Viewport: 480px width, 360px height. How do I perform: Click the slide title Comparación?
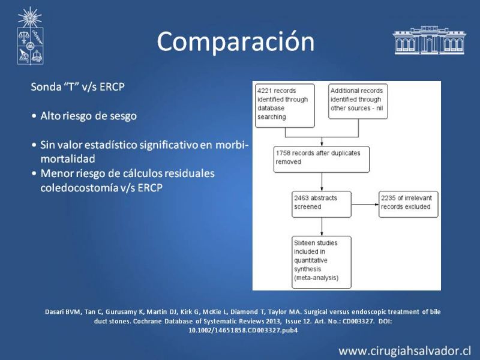[x=235, y=41]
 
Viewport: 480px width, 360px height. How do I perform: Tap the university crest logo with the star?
[x=30, y=36]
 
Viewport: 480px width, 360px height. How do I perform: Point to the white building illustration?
[x=429, y=40]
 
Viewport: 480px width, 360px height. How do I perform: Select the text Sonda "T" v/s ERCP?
[x=78, y=87]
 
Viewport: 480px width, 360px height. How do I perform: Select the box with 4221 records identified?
[x=285, y=106]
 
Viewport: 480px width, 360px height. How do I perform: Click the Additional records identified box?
[x=358, y=101]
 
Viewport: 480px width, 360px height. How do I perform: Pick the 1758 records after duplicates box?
[x=322, y=159]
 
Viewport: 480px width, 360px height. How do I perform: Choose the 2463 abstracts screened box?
[x=322, y=204]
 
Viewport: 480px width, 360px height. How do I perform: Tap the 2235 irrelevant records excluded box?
[x=409, y=204]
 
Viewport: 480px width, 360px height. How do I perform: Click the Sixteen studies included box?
[x=322, y=262]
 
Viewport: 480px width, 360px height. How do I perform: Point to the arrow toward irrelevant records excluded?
[x=365, y=204]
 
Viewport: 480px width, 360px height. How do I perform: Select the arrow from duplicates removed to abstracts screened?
[x=322, y=182]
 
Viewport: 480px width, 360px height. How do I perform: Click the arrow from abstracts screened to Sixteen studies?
[x=322, y=227]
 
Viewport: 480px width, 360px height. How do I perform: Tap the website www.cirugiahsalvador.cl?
[x=404, y=351]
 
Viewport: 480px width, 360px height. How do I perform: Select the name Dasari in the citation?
[x=54, y=312]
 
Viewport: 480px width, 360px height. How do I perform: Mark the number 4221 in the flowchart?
[x=264, y=91]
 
